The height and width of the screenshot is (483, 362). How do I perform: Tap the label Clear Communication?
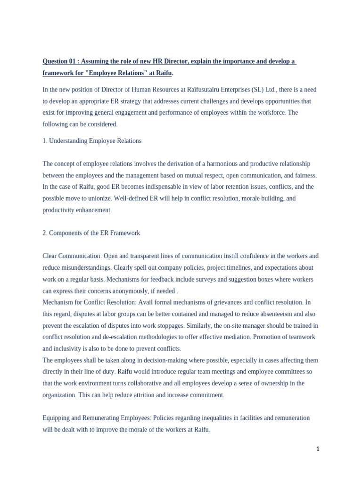click(72, 256)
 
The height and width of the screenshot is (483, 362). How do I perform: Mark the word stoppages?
click(170, 325)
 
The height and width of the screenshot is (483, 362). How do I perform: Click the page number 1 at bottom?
click(318, 449)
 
